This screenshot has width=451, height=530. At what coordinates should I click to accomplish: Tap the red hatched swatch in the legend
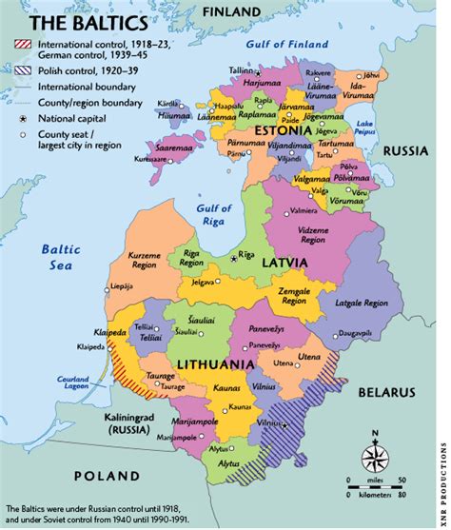[20, 44]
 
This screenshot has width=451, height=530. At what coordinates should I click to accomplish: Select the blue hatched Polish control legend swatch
[20, 69]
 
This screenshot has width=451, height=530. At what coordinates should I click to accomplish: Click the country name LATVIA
[285, 261]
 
